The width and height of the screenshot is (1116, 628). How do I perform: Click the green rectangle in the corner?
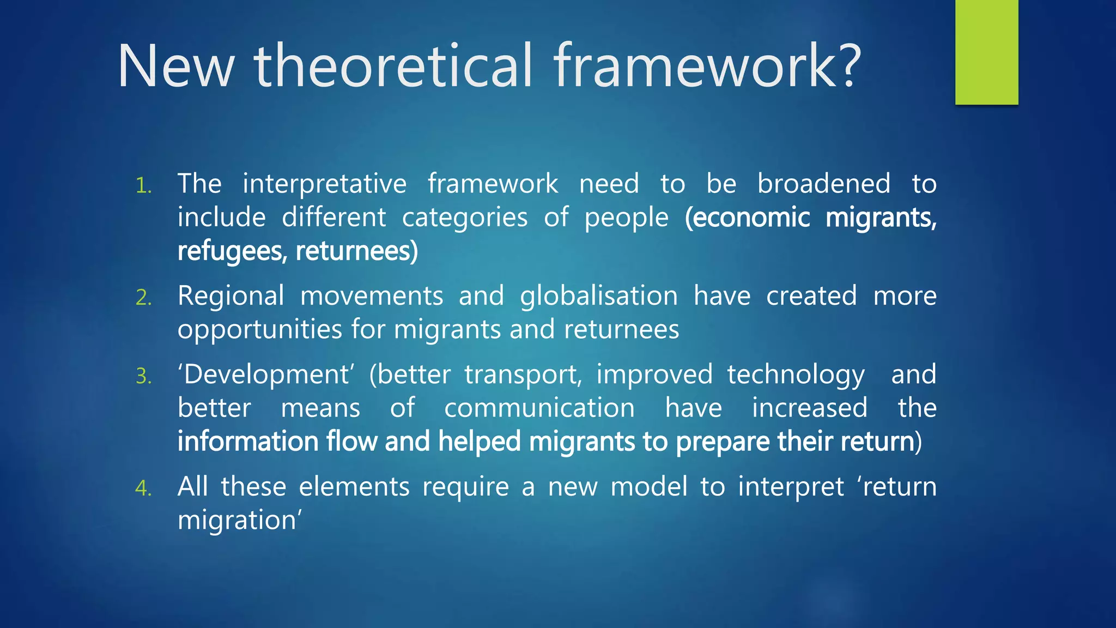(986, 52)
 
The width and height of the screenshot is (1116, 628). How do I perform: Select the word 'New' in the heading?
(175, 67)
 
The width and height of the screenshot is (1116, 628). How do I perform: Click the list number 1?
(143, 186)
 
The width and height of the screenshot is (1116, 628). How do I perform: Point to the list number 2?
(143, 298)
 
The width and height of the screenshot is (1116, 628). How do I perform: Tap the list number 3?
(143, 377)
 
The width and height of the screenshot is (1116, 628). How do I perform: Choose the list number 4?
(143, 488)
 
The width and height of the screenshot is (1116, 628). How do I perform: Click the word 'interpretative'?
(324, 184)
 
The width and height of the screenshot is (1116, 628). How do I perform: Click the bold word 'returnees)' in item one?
(356, 251)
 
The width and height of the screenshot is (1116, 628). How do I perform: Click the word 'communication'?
(539, 408)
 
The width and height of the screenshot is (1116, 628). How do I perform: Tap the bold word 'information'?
(247, 442)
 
